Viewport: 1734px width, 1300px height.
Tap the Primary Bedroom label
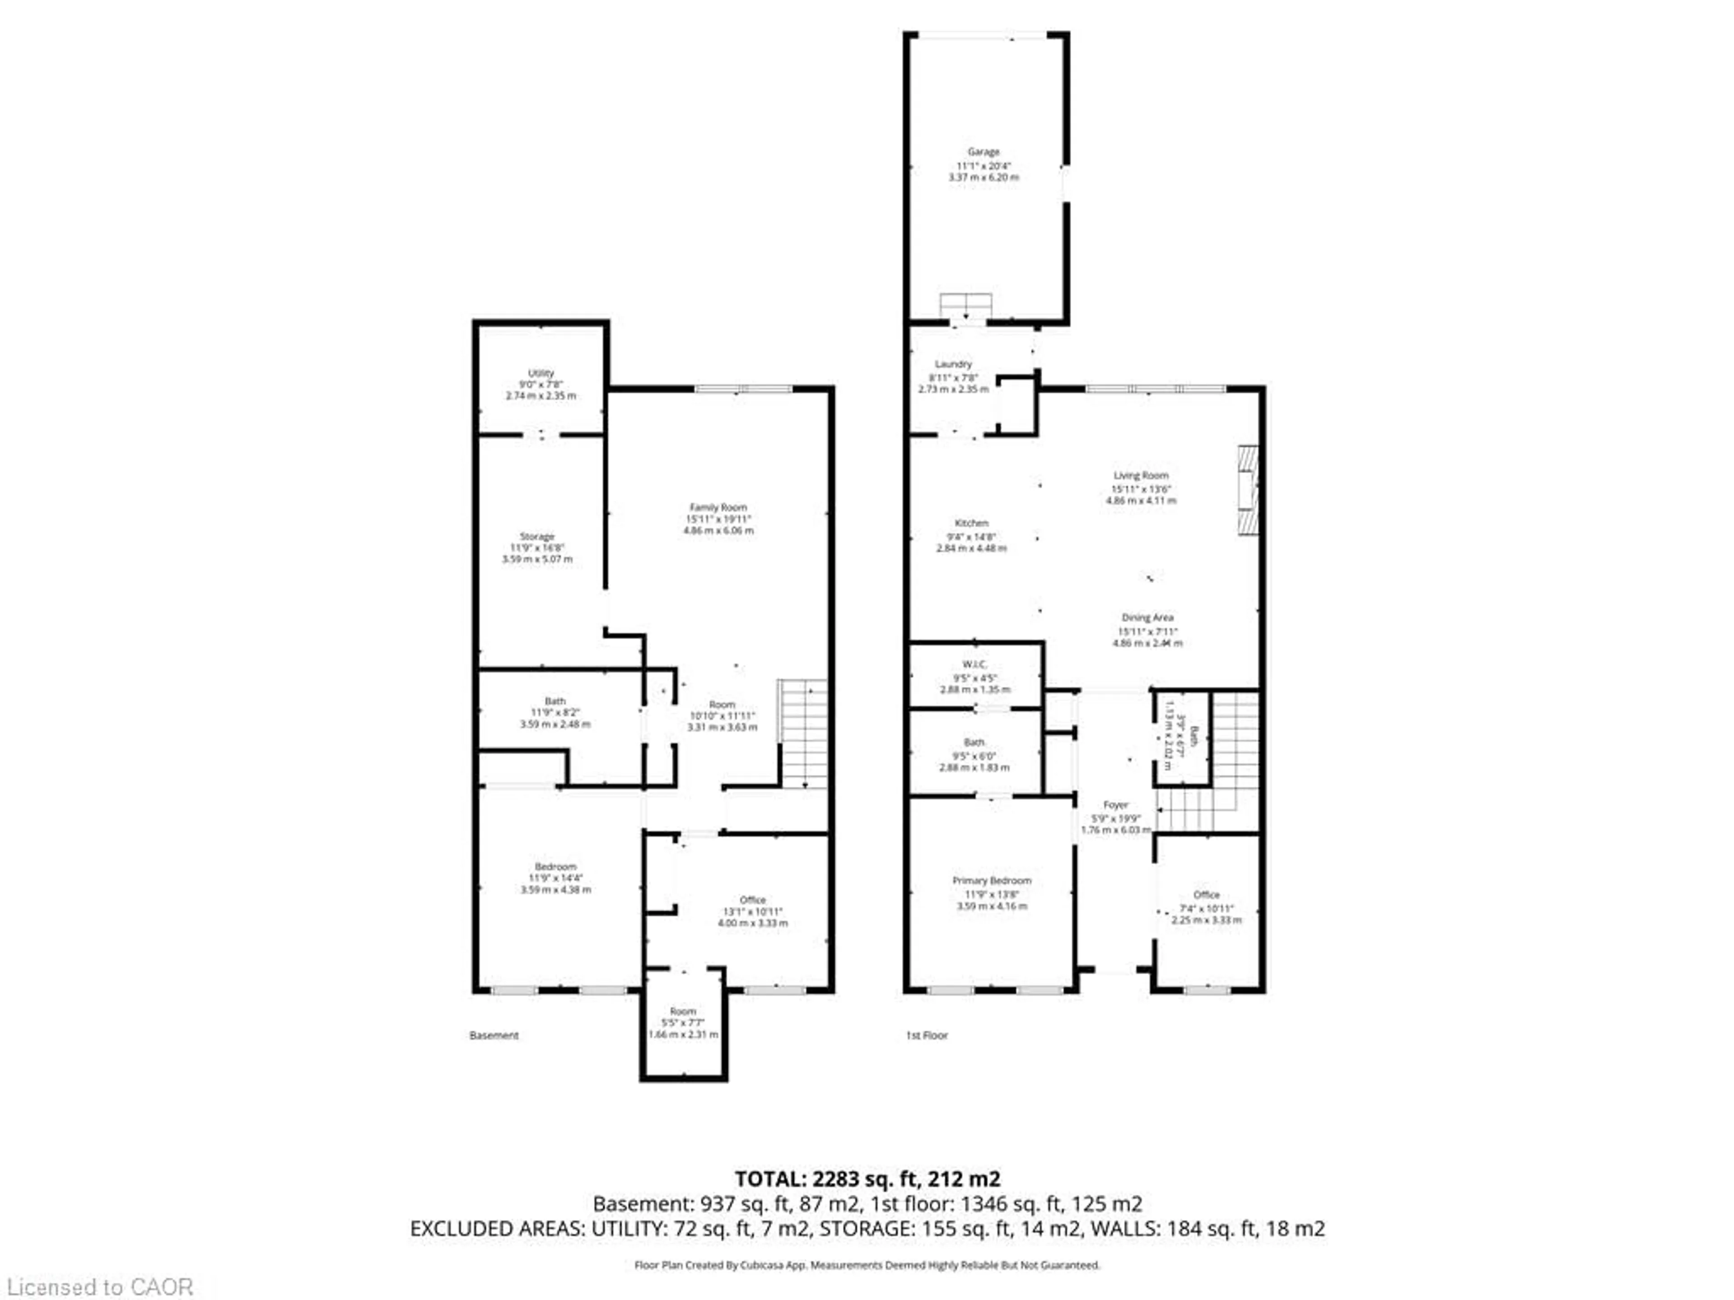point(992,881)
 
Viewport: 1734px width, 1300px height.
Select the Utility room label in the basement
point(541,373)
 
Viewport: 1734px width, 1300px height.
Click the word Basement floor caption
point(494,1035)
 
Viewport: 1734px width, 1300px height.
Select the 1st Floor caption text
point(927,1035)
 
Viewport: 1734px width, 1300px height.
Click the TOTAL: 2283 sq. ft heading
point(867,1179)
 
